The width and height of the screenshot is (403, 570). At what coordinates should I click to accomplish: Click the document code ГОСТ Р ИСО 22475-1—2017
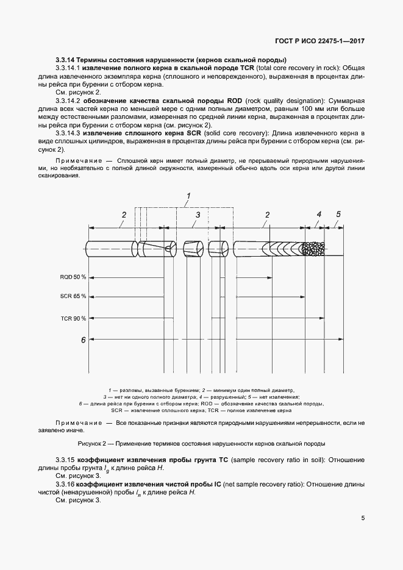pos(321,41)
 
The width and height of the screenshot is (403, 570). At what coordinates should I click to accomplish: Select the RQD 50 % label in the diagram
pos(73,277)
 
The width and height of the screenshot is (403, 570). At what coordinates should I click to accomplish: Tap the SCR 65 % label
pos(73,296)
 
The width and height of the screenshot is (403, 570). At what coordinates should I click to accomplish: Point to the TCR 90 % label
pos(73,318)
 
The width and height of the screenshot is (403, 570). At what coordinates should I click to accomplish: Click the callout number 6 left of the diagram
pos(82,340)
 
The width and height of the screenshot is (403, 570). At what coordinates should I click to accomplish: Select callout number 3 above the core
pos(198,215)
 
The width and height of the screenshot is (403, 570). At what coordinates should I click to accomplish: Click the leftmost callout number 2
pos(124,215)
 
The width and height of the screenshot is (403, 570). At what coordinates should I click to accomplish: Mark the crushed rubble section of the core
pos(315,248)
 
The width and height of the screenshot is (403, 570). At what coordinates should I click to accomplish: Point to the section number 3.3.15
pos(65,459)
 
